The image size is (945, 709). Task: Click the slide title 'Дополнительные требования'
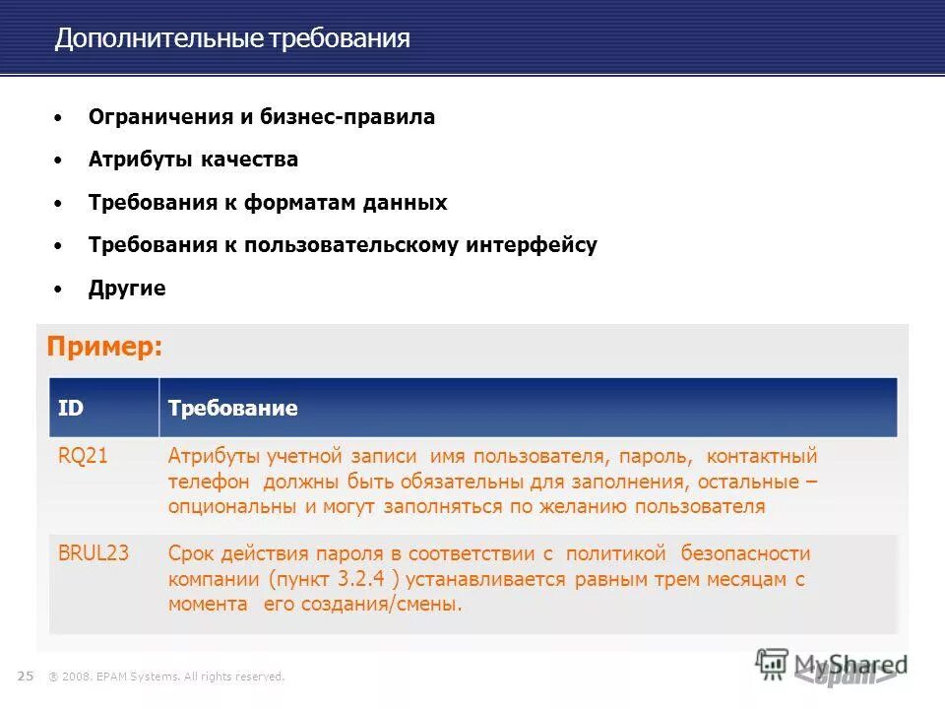(x=232, y=39)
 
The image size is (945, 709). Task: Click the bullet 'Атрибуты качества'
(x=193, y=160)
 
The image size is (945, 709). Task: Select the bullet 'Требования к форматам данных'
(x=268, y=203)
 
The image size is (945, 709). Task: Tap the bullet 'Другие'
(x=127, y=289)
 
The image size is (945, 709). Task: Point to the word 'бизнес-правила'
(x=347, y=117)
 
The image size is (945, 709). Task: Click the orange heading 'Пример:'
(x=104, y=348)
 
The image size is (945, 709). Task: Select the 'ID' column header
(x=71, y=408)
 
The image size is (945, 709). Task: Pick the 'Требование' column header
(x=233, y=408)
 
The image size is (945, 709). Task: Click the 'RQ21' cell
(x=83, y=457)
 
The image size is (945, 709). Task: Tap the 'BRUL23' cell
(x=94, y=553)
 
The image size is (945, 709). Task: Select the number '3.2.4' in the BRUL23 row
(x=355, y=579)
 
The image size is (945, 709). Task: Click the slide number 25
(x=26, y=676)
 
